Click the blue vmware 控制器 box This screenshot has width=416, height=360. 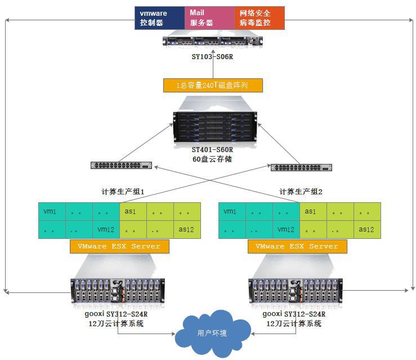click(159, 17)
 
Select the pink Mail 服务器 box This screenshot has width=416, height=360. click(209, 17)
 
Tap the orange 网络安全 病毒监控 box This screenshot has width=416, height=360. click(260, 17)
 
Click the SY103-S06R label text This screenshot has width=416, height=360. click(213, 57)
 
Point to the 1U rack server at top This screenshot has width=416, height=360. click(213, 41)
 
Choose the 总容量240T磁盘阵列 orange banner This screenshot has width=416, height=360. click(213, 86)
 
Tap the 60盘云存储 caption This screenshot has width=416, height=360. click(212, 159)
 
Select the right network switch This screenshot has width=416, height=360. click(301, 167)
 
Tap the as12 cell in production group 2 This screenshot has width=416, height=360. click(366, 229)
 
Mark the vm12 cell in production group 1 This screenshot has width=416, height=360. click(106, 229)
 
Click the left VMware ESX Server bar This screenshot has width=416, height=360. click(119, 246)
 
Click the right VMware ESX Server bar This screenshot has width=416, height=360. click(297, 246)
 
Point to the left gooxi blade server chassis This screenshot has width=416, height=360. click(119, 291)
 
